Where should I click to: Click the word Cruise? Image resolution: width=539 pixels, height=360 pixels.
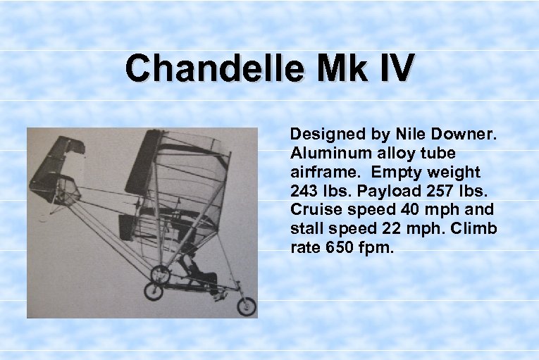(313, 210)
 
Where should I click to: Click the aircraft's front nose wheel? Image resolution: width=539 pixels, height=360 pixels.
(246, 306)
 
